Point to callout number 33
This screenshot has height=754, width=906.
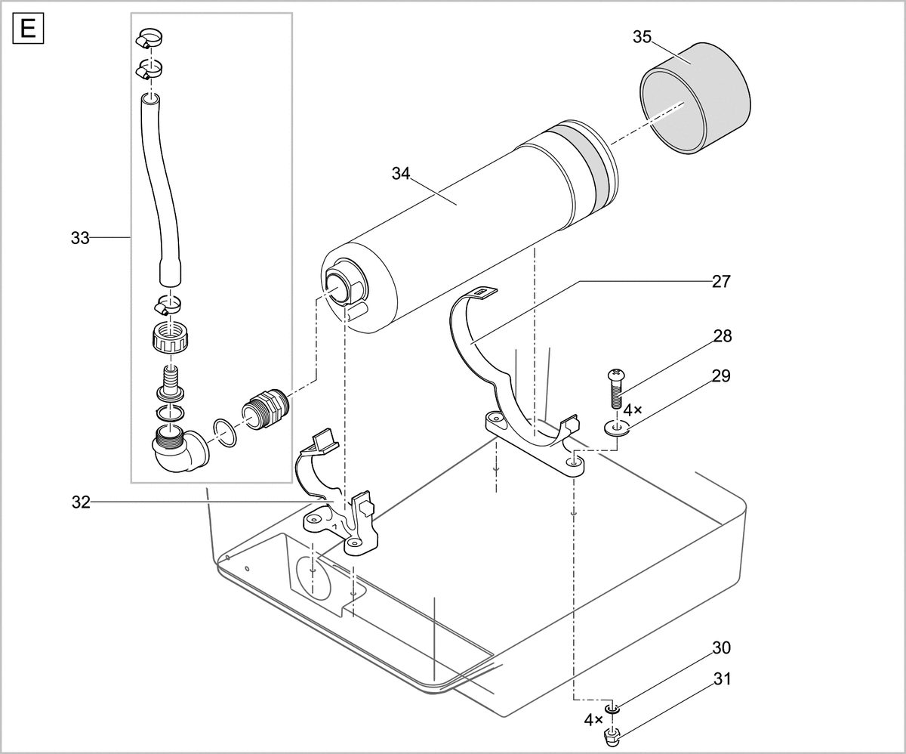pyautogui.click(x=80, y=239)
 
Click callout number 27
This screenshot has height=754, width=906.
pyautogui.click(x=721, y=281)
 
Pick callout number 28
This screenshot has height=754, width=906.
pyautogui.click(x=723, y=336)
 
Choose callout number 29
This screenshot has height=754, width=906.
pyautogui.click(x=721, y=375)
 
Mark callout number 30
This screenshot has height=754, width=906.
pyautogui.click(x=721, y=648)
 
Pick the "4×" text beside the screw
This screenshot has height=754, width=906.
pyautogui.click(x=632, y=409)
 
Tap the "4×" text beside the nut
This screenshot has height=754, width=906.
pyautogui.click(x=594, y=720)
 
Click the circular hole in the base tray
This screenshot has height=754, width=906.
pyautogui.click(x=313, y=574)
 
